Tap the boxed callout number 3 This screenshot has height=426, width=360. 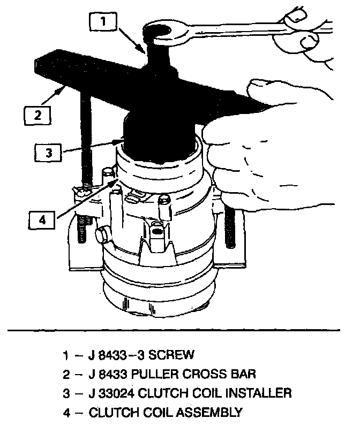pyautogui.click(x=48, y=153)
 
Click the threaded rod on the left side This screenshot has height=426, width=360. pyautogui.click(x=86, y=155)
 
